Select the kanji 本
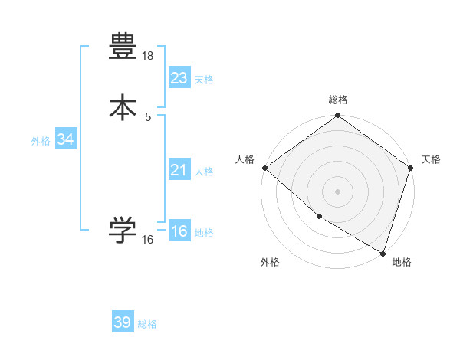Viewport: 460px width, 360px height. click(x=123, y=107)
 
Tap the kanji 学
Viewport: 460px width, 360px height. click(x=123, y=231)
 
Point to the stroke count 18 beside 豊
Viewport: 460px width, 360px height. click(x=148, y=57)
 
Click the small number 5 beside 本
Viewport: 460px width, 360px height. click(x=148, y=116)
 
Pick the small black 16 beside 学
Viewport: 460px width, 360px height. click(x=148, y=240)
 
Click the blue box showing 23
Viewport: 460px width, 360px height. click(x=179, y=77)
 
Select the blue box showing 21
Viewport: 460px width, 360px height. click(x=179, y=169)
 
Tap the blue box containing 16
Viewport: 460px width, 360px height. click(x=179, y=231)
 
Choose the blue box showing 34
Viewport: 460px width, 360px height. click(x=66, y=139)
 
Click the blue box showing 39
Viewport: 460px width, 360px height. click(x=123, y=322)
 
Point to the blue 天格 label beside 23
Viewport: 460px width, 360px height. click(x=204, y=80)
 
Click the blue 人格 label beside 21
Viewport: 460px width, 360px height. click(x=205, y=172)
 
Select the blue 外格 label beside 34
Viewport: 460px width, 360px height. click(x=41, y=142)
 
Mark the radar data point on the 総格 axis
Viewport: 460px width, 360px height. click(x=338, y=116)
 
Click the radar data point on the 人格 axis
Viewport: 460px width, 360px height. click(x=264, y=168)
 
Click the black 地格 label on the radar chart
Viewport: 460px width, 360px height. click(x=402, y=263)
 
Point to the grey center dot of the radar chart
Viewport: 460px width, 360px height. click(x=338, y=191)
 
